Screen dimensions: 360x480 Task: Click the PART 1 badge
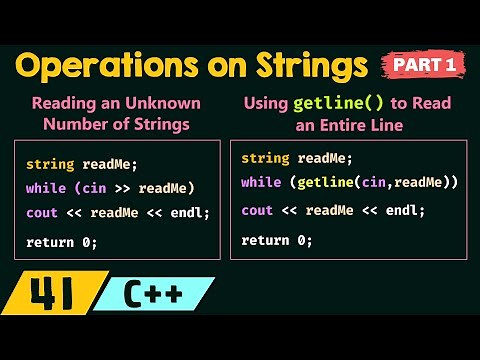(x=424, y=65)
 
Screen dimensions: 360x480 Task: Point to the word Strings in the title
(x=311, y=65)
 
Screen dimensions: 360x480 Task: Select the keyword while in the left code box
(x=44, y=188)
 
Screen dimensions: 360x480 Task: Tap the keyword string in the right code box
(x=262, y=157)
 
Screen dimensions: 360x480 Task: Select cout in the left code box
(x=41, y=212)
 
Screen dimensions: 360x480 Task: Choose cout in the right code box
(x=257, y=210)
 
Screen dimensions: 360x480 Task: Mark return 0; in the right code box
(x=277, y=240)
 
